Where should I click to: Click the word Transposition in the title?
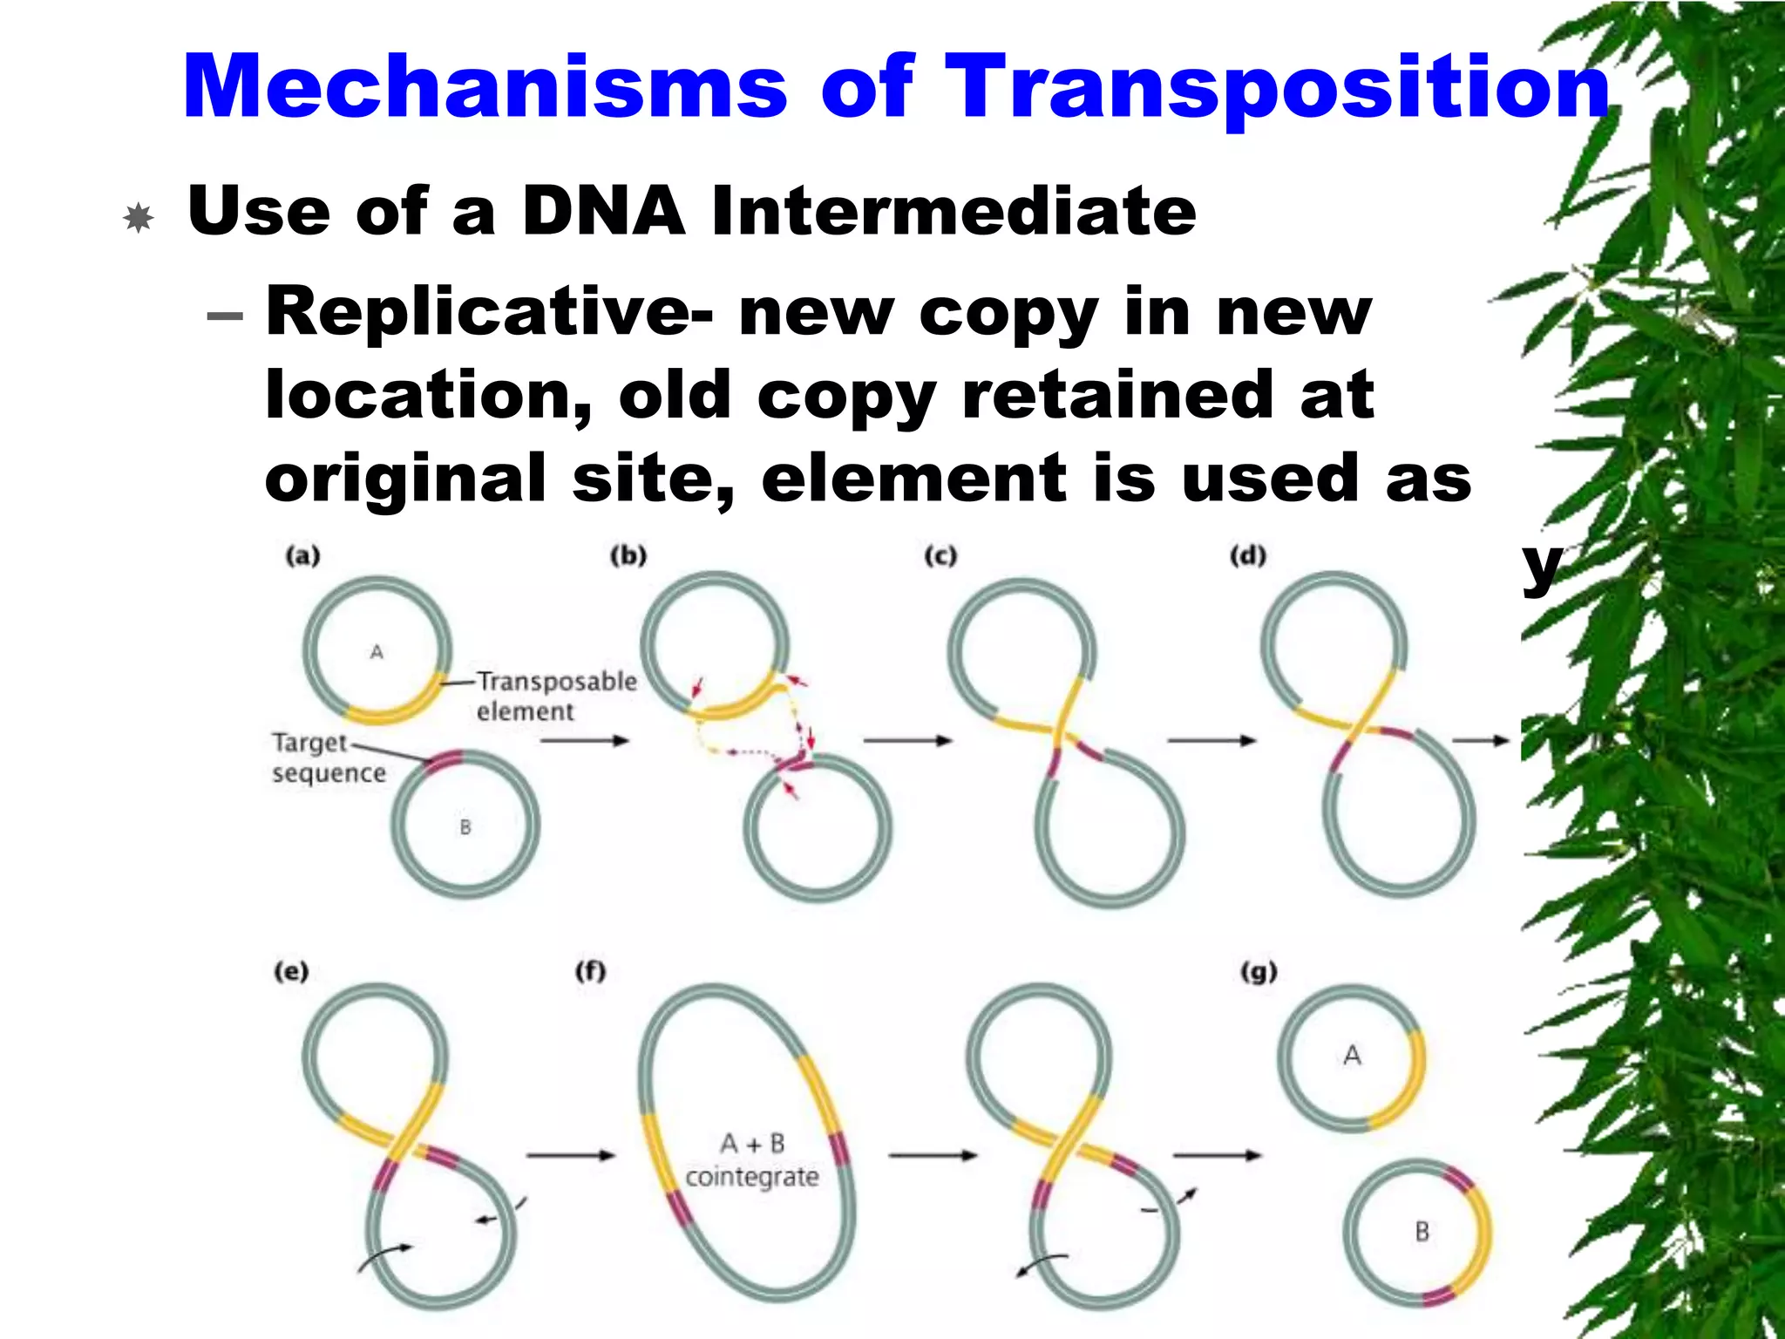(1277, 87)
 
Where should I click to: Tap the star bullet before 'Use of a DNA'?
(139, 217)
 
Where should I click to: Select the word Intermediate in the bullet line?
(954, 212)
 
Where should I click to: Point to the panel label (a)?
(302, 556)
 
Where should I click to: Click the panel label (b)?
(628, 556)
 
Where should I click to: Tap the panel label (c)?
(940, 556)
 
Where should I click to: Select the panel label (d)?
(1247, 556)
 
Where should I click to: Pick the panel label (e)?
(291, 971)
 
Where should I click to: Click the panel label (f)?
(590, 971)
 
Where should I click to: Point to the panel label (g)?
(1259, 971)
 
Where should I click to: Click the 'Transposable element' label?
(556, 696)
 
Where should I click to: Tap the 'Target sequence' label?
(327, 758)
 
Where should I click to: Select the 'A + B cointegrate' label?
(752, 1160)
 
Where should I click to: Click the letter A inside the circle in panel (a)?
(377, 652)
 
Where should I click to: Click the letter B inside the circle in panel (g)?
(1422, 1232)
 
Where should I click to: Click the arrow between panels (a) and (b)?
(584, 741)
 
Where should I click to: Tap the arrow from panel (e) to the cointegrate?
(571, 1156)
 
